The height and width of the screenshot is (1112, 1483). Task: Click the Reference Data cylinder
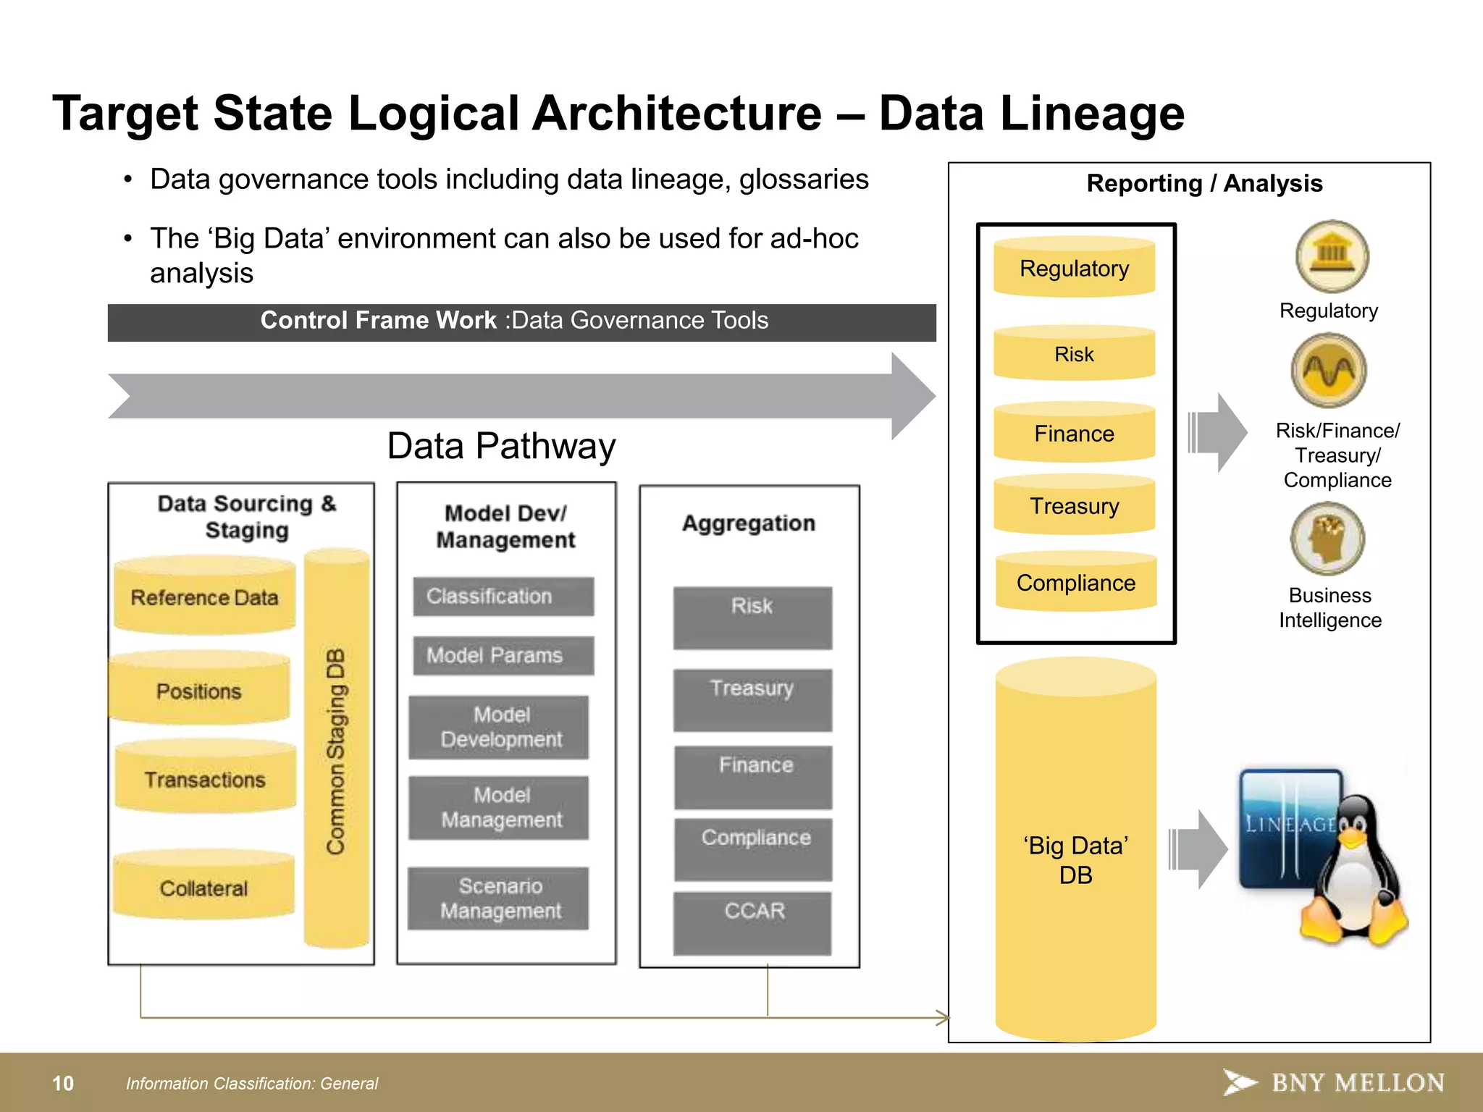click(x=204, y=597)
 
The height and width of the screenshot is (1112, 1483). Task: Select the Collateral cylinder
click(x=203, y=888)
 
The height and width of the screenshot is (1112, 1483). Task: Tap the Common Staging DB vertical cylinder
click(x=337, y=749)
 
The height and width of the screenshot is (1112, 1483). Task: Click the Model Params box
click(x=503, y=655)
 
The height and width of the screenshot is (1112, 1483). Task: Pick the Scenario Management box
click(x=499, y=898)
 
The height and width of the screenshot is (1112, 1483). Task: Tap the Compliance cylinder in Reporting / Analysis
click(x=1075, y=583)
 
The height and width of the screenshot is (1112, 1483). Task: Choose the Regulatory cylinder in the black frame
click(x=1074, y=268)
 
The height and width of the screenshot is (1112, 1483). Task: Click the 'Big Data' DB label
click(x=1075, y=860)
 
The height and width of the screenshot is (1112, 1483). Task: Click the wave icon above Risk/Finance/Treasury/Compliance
click(x=1328, y=371)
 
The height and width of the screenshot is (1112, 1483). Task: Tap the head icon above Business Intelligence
click(x=1327, y=539)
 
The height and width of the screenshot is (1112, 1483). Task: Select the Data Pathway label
click(x=501, y=446)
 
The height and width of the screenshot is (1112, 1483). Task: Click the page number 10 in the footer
click(x=63, y=1083)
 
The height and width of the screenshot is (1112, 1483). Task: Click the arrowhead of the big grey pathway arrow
click(x=912, y=396)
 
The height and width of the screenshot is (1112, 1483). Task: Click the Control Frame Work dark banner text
click(x=514, y=321)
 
